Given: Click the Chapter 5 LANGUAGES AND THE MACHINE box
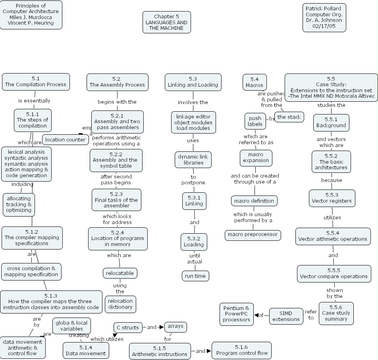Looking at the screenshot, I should [167, 22].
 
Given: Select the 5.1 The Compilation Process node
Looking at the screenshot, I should [36, 81].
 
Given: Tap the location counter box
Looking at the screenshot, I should [65, 139].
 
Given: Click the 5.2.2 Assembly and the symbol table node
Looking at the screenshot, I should [116, 160].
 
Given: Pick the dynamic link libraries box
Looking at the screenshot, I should [193, 160].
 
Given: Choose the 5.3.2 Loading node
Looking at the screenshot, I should [194, 242].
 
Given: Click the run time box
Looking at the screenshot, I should [195, 276].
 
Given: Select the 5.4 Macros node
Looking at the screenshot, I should [255, 82].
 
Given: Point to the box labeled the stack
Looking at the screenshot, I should [289, 117].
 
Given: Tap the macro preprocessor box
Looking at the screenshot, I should [253, 234].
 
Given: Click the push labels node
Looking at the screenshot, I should [255, 121].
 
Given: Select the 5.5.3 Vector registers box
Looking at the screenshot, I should [332, 198].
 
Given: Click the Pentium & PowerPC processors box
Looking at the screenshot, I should [236, 314].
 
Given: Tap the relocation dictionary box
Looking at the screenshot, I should [120, 304].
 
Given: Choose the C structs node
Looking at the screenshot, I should [127, 327].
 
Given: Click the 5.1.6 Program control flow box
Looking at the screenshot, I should [241, 350].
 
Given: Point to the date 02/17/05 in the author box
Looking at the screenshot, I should [324, 26].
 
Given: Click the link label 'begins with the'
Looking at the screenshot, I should [117, 102].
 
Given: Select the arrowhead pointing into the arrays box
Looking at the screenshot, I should [162, 327].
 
